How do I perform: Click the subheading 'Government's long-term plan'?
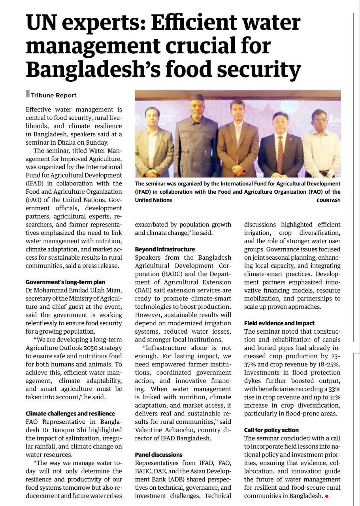pyautogui.click(x=65, y=282)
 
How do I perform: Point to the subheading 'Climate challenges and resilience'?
pyautogui.click(x=70, y=413)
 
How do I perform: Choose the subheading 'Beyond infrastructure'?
pyautogui.click(x=165, y=249)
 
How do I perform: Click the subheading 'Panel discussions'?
pyautogui.click(x=159, y=455)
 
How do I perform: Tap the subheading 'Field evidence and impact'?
pyautogui.click(x=279, y=323)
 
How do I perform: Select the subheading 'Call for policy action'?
pyautogui.click(x=271, y=430)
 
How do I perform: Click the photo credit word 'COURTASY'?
pyautogui.click(x=328, y=200)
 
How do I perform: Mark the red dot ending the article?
pyautogui.click(x=326, y=496)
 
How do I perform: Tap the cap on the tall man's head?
pyautogui.click(x=196, y=97)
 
